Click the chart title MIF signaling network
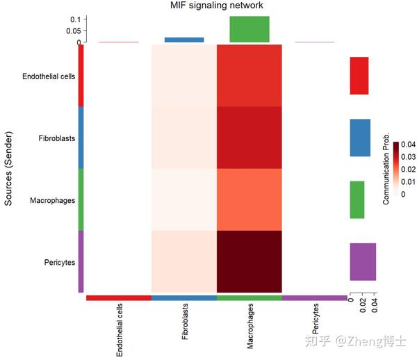(x=217, y=6)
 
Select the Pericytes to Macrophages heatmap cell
(x=250, y=261)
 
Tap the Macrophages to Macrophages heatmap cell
(x=250, y=199)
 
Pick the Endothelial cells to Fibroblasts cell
(x=184, y=75)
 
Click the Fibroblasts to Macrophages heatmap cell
(x=250, y=138)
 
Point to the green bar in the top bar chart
(x=250, y=28)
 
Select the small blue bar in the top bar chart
(x=184, y=40)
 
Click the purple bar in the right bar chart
(x=363, y=261)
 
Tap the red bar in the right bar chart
(x=359, y=76)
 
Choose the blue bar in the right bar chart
(x=360, y=138)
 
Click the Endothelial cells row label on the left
(x=49, y=76)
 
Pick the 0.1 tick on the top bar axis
(x=76, y=19)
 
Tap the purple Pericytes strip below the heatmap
(x=315, y=297)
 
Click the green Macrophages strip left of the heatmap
(x=81, y=199)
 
